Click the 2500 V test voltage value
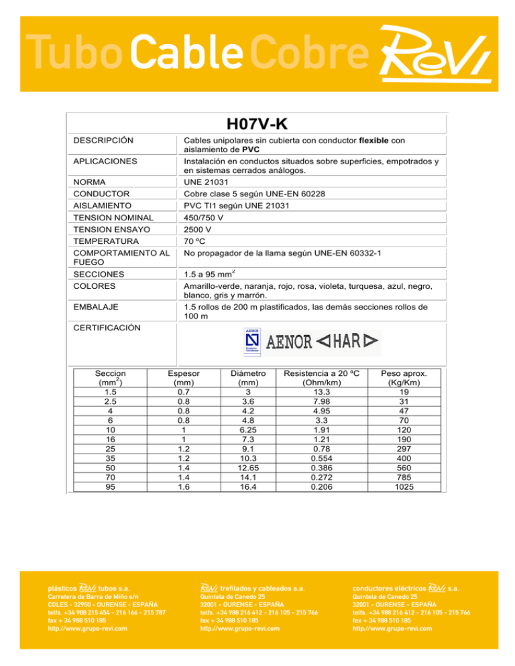199,228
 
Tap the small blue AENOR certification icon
252,341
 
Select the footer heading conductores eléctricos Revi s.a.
406,588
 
